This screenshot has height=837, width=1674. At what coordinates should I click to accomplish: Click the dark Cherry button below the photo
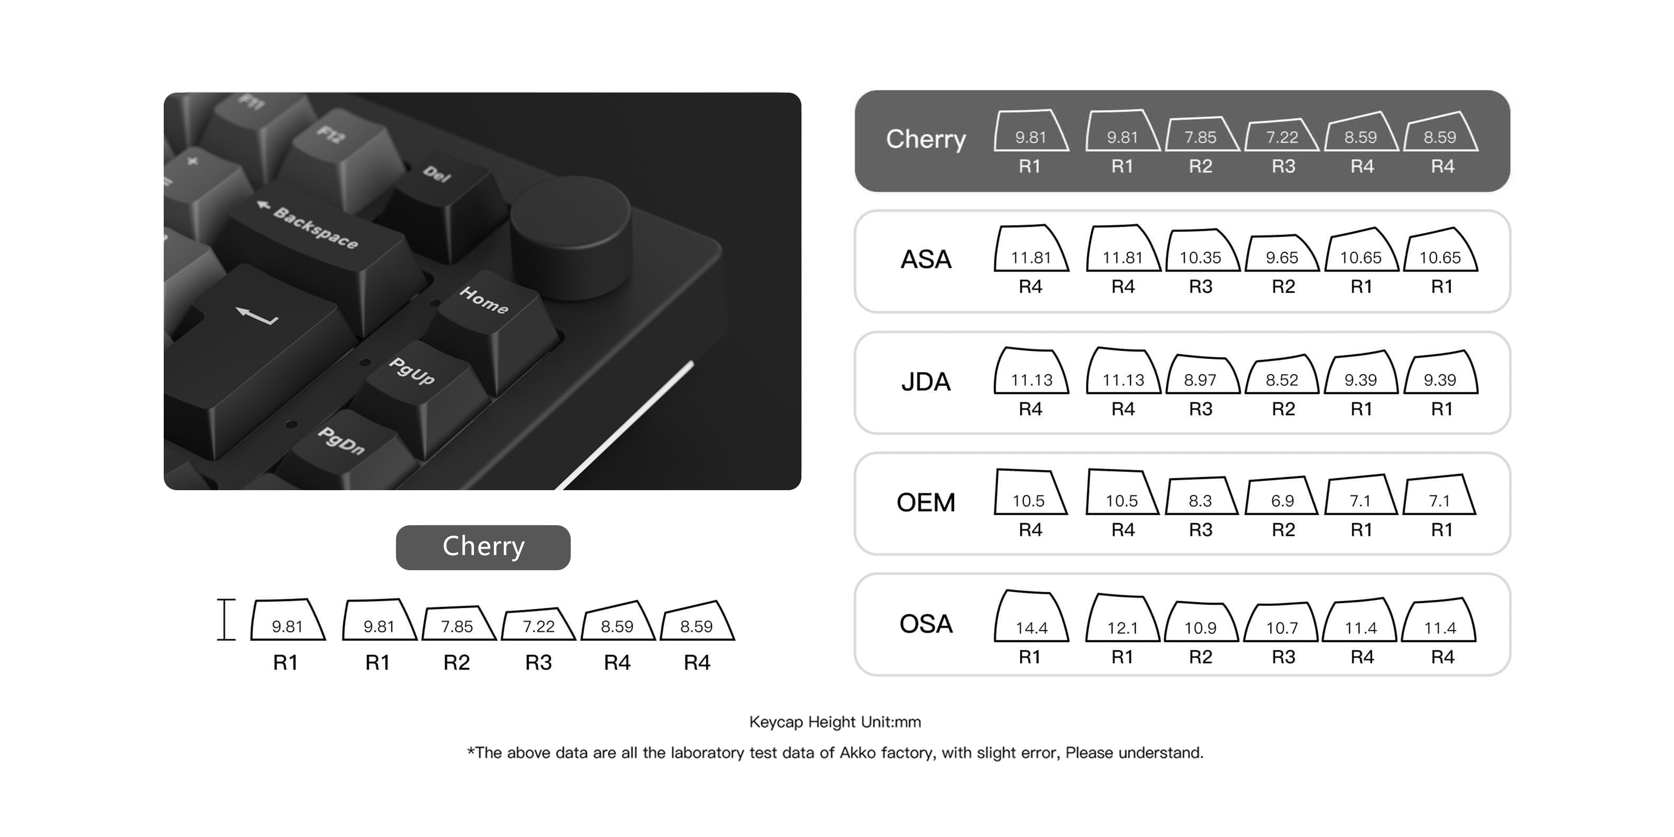coord(483,547)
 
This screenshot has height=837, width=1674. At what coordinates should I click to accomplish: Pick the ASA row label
coord(925,259)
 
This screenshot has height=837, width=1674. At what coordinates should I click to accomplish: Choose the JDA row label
coord(925,381)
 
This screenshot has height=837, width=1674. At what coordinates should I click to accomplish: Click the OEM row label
coord(925,502)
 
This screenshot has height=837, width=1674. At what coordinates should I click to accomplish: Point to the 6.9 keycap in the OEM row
coord(1282,496)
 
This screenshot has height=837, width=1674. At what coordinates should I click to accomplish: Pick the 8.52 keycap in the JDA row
coord(1282,375)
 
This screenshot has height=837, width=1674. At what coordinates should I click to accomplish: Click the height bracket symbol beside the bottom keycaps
coord(225,619)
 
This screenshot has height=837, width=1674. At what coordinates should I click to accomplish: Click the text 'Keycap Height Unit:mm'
coord(835,722)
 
